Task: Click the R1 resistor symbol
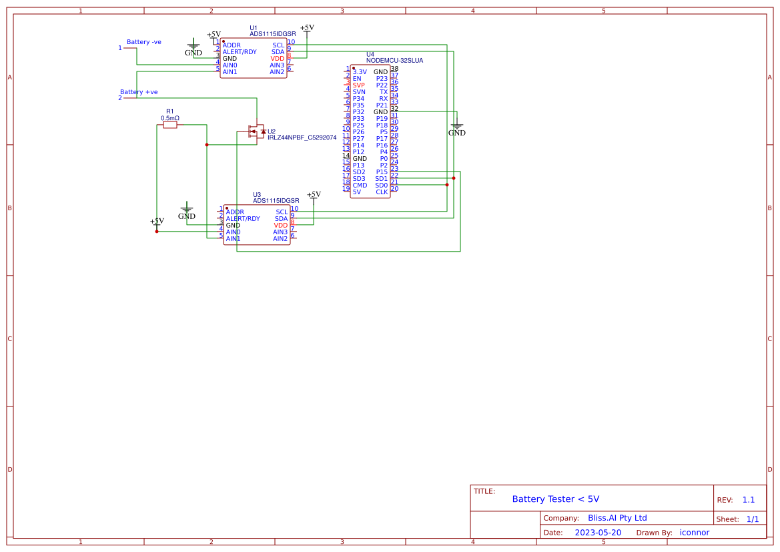click(x=170, y=124)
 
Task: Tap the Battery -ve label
click(x=144, y=42)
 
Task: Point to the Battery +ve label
click(x=139, y=92)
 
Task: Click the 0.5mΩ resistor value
click(x=170, y=118)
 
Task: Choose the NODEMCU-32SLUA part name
click(x=394, y=61)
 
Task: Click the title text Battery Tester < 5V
click(x=555, y=499)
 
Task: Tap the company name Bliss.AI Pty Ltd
click(x=617, y=518)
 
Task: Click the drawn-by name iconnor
click(x=694, y=533)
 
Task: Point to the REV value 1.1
click(x=749, y=500)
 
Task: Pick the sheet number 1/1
click(x=752, y=519)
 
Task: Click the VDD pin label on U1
click(x=278, y=59)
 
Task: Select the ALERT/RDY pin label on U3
click(x=243, y=219)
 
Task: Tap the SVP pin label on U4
click(x=359, y=85)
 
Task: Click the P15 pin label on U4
click(x=382, y=172)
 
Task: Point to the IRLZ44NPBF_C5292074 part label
click(x=302, y=137)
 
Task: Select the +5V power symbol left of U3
click(x=157, y=223)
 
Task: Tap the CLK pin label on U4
click(x=382, y=192)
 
